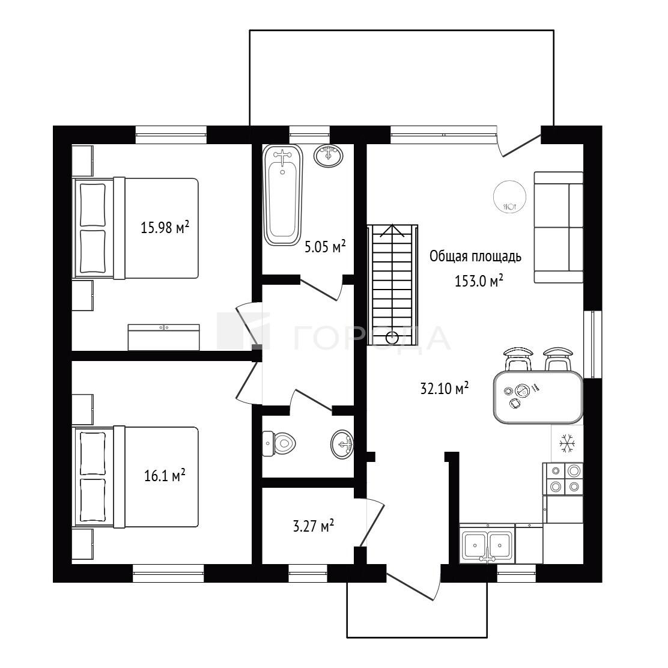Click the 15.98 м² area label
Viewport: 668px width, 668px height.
point(165,228)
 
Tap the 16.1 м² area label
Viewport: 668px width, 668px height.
point(165,475)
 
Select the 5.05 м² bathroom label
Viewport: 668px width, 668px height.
point(324,246)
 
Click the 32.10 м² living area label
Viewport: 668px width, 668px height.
point(445,388)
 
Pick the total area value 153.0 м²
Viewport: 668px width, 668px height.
point(479,281)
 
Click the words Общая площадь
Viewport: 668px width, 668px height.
point(475,257)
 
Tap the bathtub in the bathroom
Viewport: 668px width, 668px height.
point(282,195)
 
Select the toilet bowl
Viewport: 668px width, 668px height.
point(279,443)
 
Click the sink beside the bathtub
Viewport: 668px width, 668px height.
point(329,156)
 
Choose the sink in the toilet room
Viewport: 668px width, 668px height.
point(342,445)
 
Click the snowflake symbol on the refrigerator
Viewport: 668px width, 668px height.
point(567,443)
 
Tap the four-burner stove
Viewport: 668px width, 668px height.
point(563,479)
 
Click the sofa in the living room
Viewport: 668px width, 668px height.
point(559,228)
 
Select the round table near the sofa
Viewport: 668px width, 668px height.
point(509,196)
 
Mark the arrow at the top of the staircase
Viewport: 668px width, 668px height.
point(392,231)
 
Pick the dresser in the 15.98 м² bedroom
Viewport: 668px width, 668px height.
point(164,338)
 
